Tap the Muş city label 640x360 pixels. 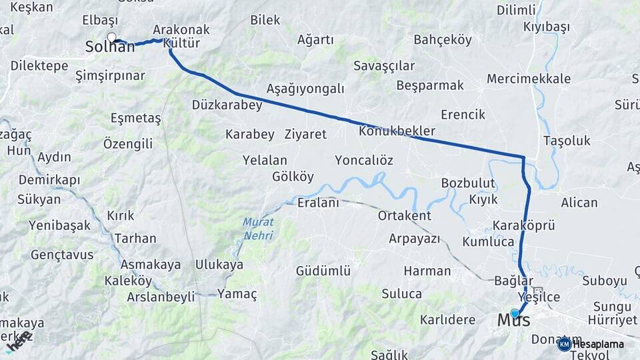513,322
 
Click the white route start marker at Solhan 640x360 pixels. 111,37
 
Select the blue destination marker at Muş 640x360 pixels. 515,313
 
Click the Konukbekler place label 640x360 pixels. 397,131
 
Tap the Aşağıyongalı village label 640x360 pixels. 305,89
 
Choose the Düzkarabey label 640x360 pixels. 227,105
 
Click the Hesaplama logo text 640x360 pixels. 598,344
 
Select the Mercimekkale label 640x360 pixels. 529,79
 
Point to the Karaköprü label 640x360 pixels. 524,225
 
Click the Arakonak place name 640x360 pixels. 181,30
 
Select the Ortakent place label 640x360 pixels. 404,216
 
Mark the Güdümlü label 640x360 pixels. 323,271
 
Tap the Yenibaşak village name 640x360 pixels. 59,225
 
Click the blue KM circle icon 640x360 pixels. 564,344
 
